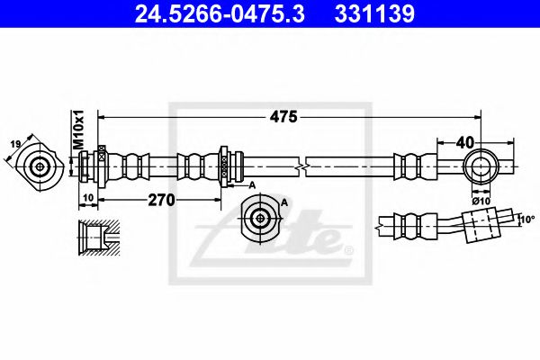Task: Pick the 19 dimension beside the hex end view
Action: [15, 144]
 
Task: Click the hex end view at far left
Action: [40, 166]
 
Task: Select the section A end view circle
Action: [260, 216]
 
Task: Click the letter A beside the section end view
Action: [284, 202]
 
